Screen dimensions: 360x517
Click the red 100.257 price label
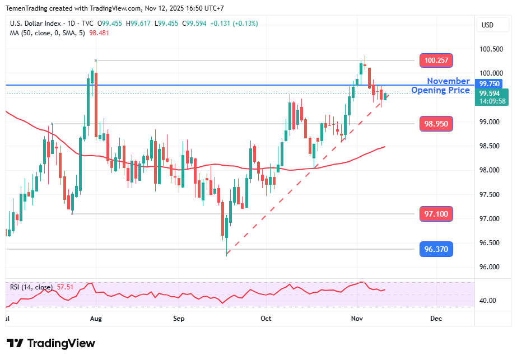[x=436, y=60]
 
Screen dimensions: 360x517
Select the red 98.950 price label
[x=436, y=124]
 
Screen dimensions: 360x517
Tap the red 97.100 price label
[x=436, y=214]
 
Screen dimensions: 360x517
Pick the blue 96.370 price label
[x=436, y=249]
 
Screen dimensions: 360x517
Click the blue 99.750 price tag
[x=492, y=83]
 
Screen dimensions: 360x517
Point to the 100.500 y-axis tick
[x=491, y=49]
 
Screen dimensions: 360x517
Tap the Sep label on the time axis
[x=179, y=319]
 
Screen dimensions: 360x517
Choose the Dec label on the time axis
[x=436, y=319]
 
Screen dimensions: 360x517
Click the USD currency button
[x=487, y=25]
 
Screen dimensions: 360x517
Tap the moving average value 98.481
[x=99, y=32]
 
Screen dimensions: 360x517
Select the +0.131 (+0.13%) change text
[x=223, y=24]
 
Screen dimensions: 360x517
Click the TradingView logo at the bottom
[x=50, y=343]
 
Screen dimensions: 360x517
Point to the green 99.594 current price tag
[x=492, y=93]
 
